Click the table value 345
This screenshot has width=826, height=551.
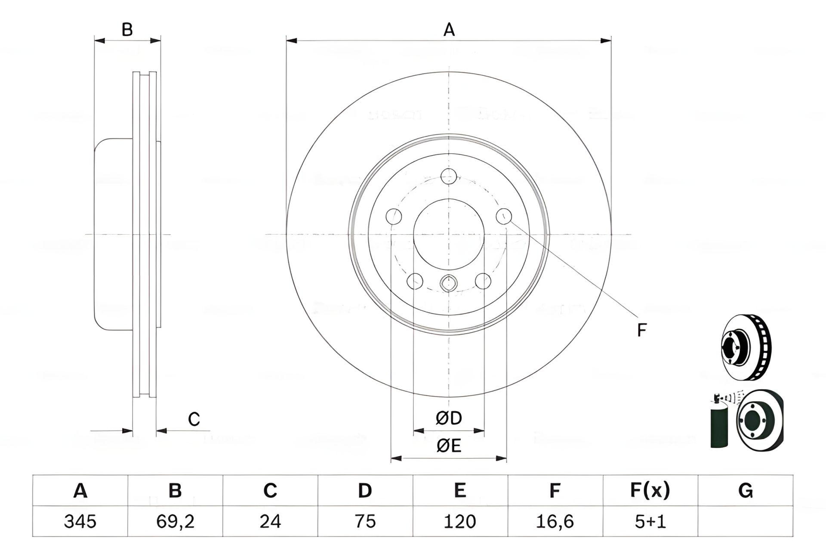click(80, 521)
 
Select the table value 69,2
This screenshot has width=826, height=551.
click(175, 521)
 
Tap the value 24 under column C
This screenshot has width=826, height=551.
click(270, 521)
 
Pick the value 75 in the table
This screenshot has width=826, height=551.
click(365, 521)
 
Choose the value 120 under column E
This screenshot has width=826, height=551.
click(460, 521)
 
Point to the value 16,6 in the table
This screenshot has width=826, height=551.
click(555, 521)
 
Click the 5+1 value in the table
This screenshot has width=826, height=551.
click(650, 521)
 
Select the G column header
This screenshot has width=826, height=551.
click(745, 490)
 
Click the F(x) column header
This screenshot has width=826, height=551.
click(650, 490)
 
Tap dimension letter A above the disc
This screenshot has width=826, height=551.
click(449, 30)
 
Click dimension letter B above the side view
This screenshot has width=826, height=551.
click(127, 30)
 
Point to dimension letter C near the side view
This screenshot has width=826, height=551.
click(194, 419)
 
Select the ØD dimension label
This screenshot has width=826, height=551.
click(449, 418)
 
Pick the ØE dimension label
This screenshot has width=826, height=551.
click(449, 446)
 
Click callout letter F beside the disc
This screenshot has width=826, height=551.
click(641, 330)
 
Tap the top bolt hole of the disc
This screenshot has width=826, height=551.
click(449, 176)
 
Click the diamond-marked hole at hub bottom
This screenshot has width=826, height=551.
click(449, 283)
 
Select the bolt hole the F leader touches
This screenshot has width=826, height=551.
click(504, 216)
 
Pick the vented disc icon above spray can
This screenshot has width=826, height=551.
click(746, 347)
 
